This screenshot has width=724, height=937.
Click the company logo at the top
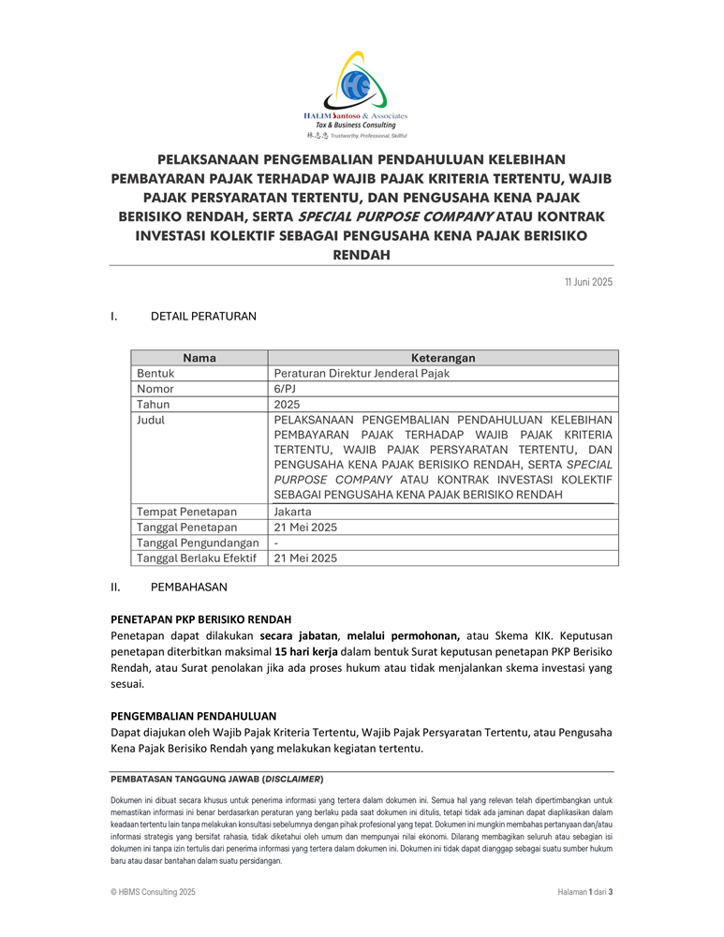(361, 94)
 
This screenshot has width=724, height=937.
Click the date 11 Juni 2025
(588, 282)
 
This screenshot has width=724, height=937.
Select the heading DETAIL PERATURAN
(203, 317)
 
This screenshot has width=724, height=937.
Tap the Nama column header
(199, 358)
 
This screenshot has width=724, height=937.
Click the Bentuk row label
(155, 373)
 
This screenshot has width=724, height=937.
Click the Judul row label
(151, 420)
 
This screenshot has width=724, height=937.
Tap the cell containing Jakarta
(292, 512)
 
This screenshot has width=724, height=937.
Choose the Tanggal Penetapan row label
(187, 528)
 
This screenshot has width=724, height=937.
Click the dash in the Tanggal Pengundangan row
(276, 543)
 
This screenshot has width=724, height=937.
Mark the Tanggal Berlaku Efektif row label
(197, 558)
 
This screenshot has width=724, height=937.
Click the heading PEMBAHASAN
(188, 587)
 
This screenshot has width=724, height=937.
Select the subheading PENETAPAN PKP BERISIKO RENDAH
(200, 619)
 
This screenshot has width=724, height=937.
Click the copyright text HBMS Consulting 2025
(154, 893)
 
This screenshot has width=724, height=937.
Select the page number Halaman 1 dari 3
(579, 893)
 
